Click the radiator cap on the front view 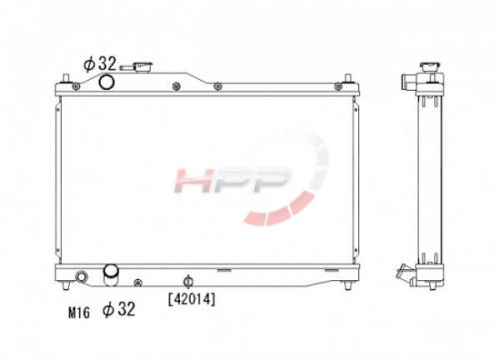pos(143,67)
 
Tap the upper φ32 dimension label pos(100,64)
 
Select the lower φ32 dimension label pos(119,309)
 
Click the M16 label pos(79,312)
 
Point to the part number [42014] pos(192,299)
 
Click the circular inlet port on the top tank pos(107,82)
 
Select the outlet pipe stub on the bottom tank pos(111,274)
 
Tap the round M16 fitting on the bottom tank pos(81,276)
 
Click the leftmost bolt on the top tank pos(76,87)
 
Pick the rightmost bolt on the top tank pos(338,87)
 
